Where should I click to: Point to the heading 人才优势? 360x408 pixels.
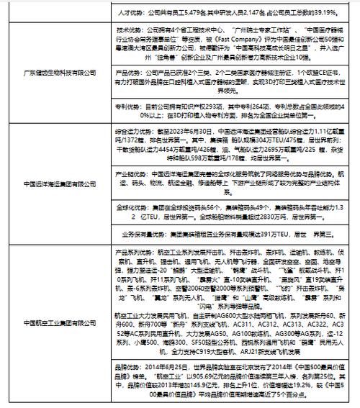click(129, 13)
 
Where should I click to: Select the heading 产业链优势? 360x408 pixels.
click(131, 174)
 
